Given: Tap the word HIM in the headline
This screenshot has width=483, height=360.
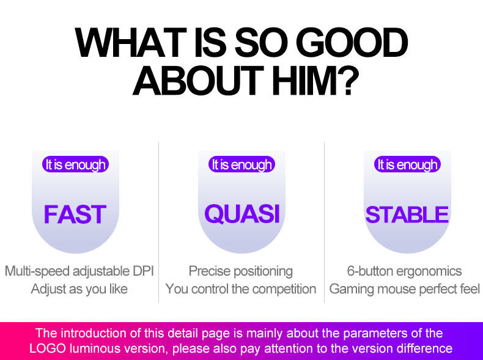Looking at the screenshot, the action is pos(305,81).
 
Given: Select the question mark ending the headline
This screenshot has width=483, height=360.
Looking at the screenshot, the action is pos(349,80).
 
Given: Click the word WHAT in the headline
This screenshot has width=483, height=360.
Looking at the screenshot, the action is pos(131,43).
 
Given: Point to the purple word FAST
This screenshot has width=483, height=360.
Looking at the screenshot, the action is pos(75,215).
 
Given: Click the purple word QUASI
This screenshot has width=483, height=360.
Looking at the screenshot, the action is pos(242,214).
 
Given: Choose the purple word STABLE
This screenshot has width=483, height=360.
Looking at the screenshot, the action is pos(407,215).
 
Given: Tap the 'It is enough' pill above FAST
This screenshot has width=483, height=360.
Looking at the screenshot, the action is pos(75,164).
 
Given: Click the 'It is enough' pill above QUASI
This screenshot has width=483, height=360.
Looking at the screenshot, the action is pos(242,164).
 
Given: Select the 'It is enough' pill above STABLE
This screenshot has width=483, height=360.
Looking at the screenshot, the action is pos(407,164).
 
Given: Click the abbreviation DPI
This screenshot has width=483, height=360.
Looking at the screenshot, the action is pos(143,271).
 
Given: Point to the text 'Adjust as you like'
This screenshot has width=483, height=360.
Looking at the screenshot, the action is pos(79,289).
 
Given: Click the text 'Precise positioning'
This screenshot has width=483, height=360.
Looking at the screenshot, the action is pos(241,271).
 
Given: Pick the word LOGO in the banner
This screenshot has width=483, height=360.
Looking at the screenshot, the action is pos(48,348).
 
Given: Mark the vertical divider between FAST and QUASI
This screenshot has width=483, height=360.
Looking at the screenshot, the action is pos(158,222).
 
